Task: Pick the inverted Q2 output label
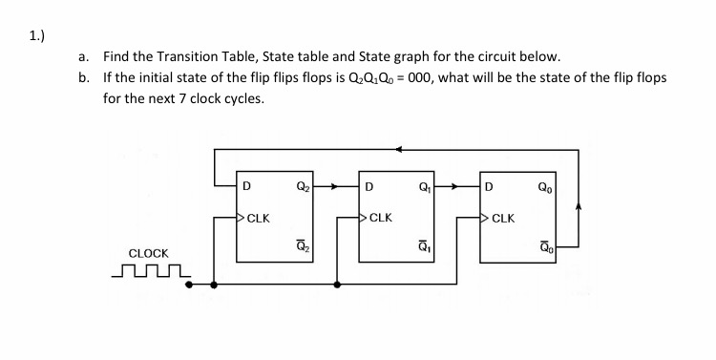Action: (x=303, y=249)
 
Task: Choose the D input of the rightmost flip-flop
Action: (x=490, y=186)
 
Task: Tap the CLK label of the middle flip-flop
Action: (x=379, y=218)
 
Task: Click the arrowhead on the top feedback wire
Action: (x=399, y=149)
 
